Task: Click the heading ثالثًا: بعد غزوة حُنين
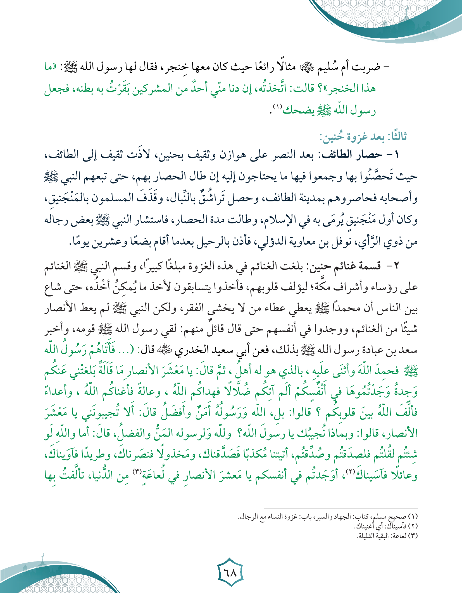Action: pos(363,137)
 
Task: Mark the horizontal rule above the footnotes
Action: pos(340,508)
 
